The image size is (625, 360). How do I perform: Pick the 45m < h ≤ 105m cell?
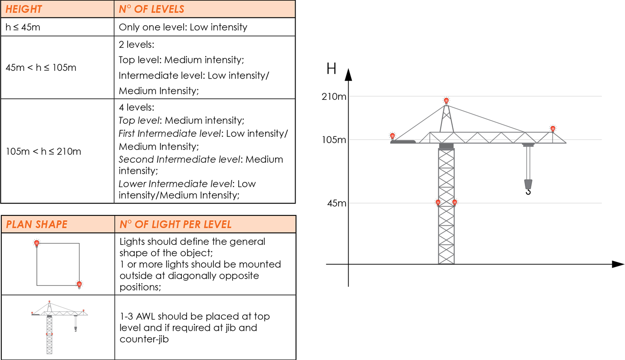point(41,68)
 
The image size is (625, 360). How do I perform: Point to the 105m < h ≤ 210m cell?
point(43,152)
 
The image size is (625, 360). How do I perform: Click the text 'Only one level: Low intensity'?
point(183,27)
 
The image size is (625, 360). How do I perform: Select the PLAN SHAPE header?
point(36,225)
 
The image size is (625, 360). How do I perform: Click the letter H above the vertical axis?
point(331,69)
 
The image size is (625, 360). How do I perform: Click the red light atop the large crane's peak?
point(446,101)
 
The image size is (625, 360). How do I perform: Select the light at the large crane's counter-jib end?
point(392,136)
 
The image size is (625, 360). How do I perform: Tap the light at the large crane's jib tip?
point(553,129)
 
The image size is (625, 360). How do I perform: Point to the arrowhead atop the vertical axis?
point(348,75)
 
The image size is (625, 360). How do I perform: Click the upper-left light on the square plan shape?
point(37,243)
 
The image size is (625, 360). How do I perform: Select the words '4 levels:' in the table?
point(134,107)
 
